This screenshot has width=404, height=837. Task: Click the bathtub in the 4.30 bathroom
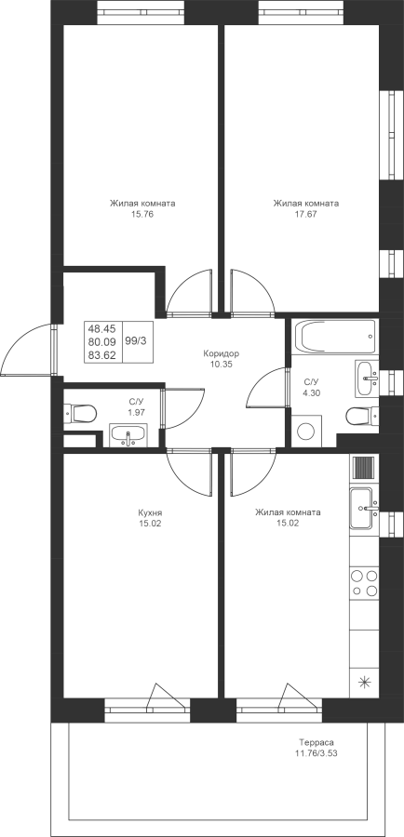click(336, 337)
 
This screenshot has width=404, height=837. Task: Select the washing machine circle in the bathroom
click(305, 432)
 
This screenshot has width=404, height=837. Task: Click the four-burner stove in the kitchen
click(364, 583)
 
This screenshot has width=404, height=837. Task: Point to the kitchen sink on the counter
click(364, 508)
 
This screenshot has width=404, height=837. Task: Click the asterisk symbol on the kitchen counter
click(365, 682)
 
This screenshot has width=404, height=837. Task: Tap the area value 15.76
click(142, 215)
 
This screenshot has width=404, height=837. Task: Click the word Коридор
click(222, 353)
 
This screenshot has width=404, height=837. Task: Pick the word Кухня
click(150, 512)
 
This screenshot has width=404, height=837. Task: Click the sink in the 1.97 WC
click(128, 435)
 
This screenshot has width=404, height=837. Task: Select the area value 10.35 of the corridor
click(222, 364)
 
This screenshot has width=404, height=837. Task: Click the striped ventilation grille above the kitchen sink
click(365, 468)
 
